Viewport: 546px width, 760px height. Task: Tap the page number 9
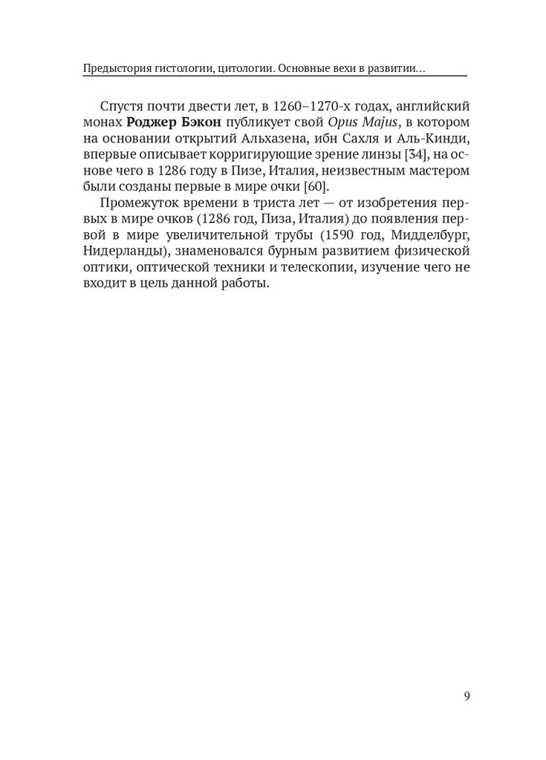pyautogui.click(x=466, y=696)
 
